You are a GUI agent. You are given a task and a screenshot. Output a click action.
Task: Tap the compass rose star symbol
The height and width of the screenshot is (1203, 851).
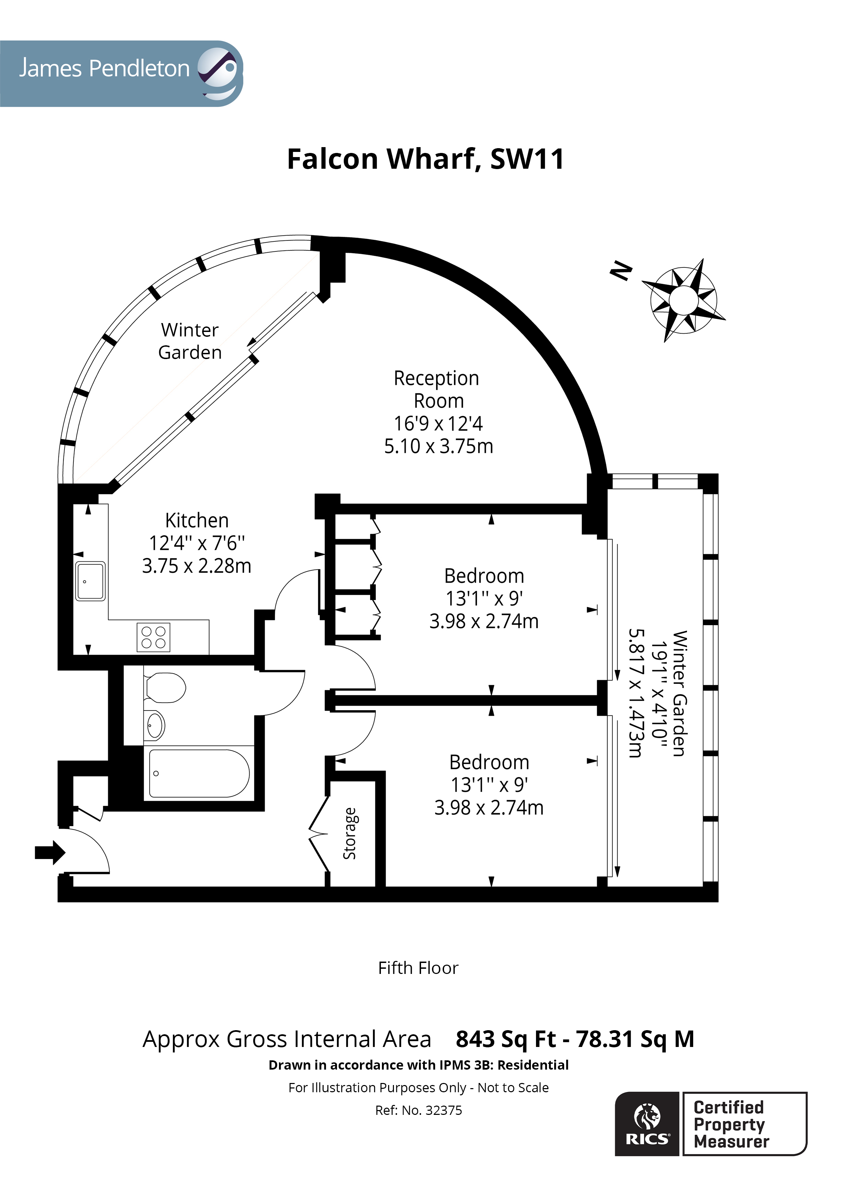[683, 300]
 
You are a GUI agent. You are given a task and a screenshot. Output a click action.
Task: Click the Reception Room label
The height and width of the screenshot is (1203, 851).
[436, 389]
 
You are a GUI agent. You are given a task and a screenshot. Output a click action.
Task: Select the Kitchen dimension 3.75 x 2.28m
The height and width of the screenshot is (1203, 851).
[197, 566]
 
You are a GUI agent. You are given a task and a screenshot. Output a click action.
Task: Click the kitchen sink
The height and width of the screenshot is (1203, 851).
[90, 581]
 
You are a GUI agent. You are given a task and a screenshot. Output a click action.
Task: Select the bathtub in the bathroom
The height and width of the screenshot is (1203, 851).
[199, 773]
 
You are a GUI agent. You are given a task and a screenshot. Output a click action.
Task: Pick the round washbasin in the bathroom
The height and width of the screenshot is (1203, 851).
[154, 725]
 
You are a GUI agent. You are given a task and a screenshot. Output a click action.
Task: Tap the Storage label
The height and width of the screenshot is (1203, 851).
[350, 833]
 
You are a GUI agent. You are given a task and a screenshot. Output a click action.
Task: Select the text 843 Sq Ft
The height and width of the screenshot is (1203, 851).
[505, 1039]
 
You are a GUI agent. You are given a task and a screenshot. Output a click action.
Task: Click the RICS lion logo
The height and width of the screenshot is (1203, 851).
[648, 1124]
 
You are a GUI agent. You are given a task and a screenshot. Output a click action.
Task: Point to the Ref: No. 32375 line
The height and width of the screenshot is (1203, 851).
[418, 1110]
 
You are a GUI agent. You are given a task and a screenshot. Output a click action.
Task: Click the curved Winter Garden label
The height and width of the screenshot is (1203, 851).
[190, 341]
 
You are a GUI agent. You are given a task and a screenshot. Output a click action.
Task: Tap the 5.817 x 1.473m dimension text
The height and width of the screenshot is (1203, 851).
[635, 693]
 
